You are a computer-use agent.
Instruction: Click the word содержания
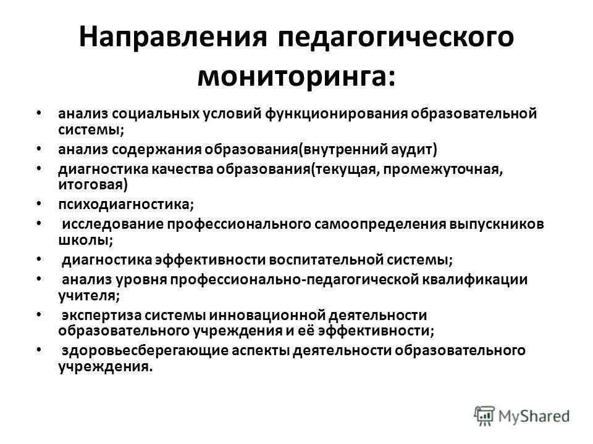(164, 149)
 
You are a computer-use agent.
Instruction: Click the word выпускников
(497, 224)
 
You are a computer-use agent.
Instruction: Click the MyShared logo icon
(484, 415)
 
